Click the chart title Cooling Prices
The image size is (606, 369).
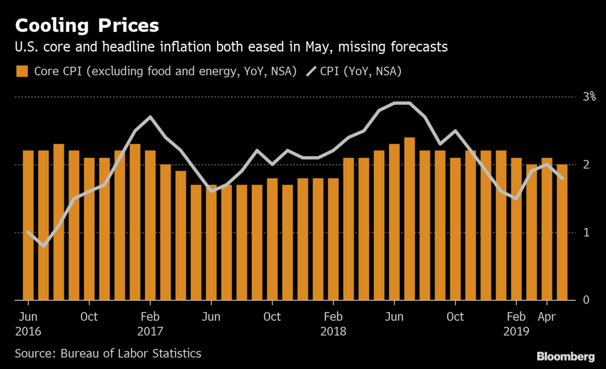87,25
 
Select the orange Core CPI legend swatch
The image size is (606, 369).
22,71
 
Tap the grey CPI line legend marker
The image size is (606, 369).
314,71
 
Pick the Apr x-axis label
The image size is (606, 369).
546,317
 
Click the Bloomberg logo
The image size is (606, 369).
566,356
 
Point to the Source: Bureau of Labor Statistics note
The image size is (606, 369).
108,353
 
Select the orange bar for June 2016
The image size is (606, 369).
28,225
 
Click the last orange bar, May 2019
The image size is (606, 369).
562,232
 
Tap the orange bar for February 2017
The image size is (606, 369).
150,225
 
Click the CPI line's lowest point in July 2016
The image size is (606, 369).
43,246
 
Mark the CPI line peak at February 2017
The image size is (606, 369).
150,117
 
